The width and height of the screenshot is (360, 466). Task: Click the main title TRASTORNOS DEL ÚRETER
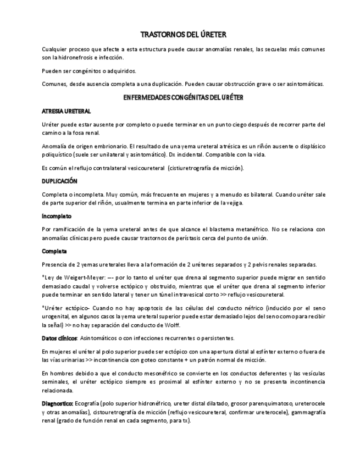[x=180, y=34]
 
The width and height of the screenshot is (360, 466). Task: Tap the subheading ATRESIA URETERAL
[x=66, y=111]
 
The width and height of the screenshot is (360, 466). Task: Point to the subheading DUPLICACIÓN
[x=59, y=181]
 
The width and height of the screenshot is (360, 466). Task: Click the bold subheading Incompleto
[x=57, y=216]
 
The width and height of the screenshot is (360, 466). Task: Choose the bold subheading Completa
[x=54, y=251]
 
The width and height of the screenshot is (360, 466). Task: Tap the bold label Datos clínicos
[x=59, y=338]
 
